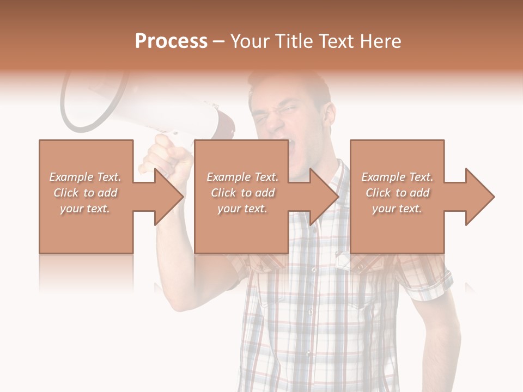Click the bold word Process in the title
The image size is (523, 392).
171,41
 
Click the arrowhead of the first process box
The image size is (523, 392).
169,197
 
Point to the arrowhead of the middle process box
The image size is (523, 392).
325,197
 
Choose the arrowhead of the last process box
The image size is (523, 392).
480,197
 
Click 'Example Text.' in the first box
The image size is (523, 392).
85,177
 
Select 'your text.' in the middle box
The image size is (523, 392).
242,209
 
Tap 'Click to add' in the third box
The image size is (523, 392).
397,193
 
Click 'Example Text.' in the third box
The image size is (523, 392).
397,177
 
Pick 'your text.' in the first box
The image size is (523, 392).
85,209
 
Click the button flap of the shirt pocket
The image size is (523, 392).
349,260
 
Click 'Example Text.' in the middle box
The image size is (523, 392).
242,177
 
